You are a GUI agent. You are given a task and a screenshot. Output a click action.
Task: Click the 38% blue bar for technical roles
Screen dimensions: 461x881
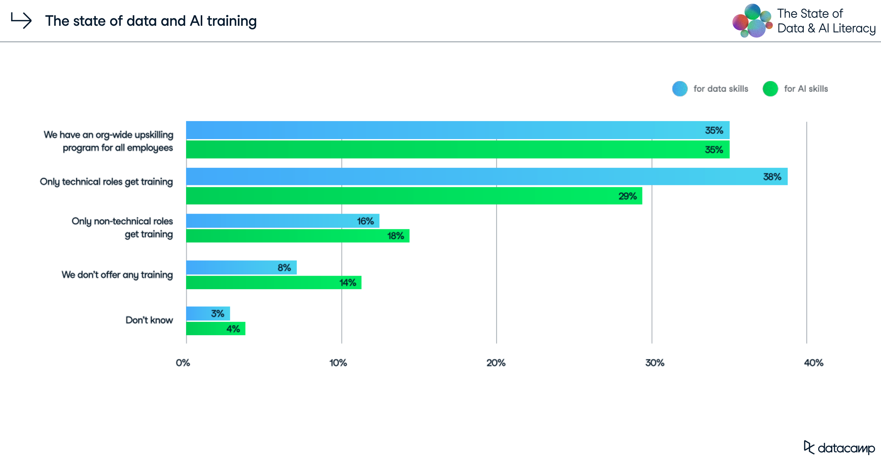pos(486,177)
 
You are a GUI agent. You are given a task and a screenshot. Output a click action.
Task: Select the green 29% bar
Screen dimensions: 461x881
pos(414,196)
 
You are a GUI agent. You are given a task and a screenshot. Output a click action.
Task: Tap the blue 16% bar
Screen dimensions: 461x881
pos(283,221)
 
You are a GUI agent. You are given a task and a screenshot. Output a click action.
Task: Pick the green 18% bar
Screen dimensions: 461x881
pos(297,236)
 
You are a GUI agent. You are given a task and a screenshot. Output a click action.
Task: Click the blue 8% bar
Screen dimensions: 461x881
pos(241,268)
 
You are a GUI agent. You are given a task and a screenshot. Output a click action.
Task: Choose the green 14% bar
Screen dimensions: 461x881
pos(273,283)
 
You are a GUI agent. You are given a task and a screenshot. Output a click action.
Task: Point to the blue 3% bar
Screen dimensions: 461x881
pos(208,313)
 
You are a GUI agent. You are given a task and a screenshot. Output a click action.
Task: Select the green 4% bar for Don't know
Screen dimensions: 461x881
pos(215,328)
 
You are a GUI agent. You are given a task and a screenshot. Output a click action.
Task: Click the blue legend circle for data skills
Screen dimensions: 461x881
pos(680,89)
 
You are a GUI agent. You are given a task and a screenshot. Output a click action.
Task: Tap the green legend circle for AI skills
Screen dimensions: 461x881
pos(770,89)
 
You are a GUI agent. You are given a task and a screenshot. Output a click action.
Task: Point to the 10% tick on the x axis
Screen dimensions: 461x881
pos(338,363)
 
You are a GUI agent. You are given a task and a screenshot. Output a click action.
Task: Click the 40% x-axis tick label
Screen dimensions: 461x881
pos(813,363)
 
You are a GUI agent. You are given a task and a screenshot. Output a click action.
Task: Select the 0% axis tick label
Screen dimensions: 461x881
pos(183,363)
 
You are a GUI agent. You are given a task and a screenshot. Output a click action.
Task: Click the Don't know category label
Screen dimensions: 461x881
pos(149,320)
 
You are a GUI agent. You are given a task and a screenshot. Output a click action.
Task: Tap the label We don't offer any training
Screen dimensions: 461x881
pos(117,275)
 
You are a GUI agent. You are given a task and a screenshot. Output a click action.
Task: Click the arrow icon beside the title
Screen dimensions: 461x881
pos(21,21)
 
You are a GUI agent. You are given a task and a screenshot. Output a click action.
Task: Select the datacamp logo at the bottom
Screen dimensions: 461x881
pos(839,448)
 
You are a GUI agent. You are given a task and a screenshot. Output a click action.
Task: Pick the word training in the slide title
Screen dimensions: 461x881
pos(232,21)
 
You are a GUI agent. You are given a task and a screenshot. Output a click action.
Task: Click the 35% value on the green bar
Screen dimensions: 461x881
pos(714,150)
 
